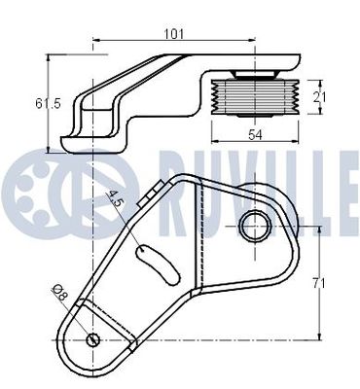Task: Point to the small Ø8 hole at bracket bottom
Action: click(92, 339)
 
